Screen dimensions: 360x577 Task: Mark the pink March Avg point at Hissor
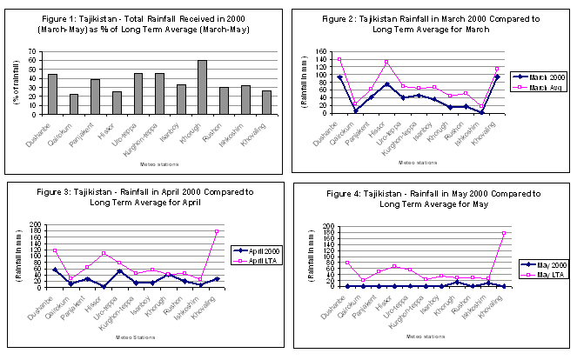click(386, 62)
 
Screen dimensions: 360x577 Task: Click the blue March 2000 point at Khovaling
click(497, 77)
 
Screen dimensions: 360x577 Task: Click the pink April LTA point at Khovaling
click(216, 231)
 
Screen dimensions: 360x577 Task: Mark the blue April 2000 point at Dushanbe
click(56, 270)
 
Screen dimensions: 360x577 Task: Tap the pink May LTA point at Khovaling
click(504, 233)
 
